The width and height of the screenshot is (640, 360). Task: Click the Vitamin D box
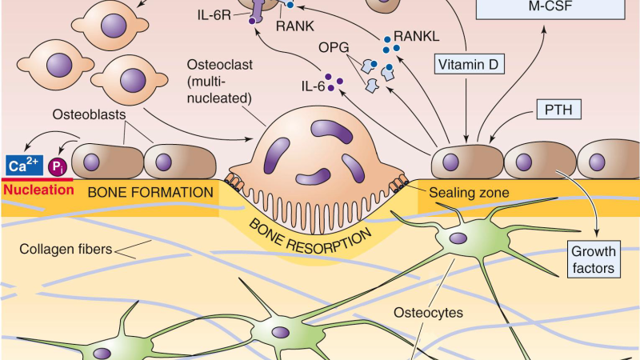point(469,65)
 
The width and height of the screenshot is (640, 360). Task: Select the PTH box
point(558,110)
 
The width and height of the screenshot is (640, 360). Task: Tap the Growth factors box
point(594,259)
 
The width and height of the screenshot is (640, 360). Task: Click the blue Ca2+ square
point(24,166)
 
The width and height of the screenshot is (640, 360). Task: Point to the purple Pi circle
point(58,166)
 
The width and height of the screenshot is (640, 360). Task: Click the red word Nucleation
point(38,190)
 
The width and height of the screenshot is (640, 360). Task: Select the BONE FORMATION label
point(150,192)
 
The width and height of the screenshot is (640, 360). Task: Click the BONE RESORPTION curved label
point(310,238)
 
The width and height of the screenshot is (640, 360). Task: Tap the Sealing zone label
point(469,193)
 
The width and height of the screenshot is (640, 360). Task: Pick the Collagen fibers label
point(66,249)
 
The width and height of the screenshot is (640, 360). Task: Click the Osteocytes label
point(428,313)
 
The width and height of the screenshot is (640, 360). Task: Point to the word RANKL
point(416,36)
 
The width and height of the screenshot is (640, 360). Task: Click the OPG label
point(334,48)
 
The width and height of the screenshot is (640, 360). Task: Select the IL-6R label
point(214,15)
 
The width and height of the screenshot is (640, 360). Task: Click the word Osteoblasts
point(89,114)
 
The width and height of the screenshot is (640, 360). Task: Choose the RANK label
point(294,26)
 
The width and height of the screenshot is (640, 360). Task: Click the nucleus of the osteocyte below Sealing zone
point(458,238)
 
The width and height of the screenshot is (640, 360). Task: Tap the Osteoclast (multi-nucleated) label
point(219,82)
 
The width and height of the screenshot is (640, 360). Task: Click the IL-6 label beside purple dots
point(313,86)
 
